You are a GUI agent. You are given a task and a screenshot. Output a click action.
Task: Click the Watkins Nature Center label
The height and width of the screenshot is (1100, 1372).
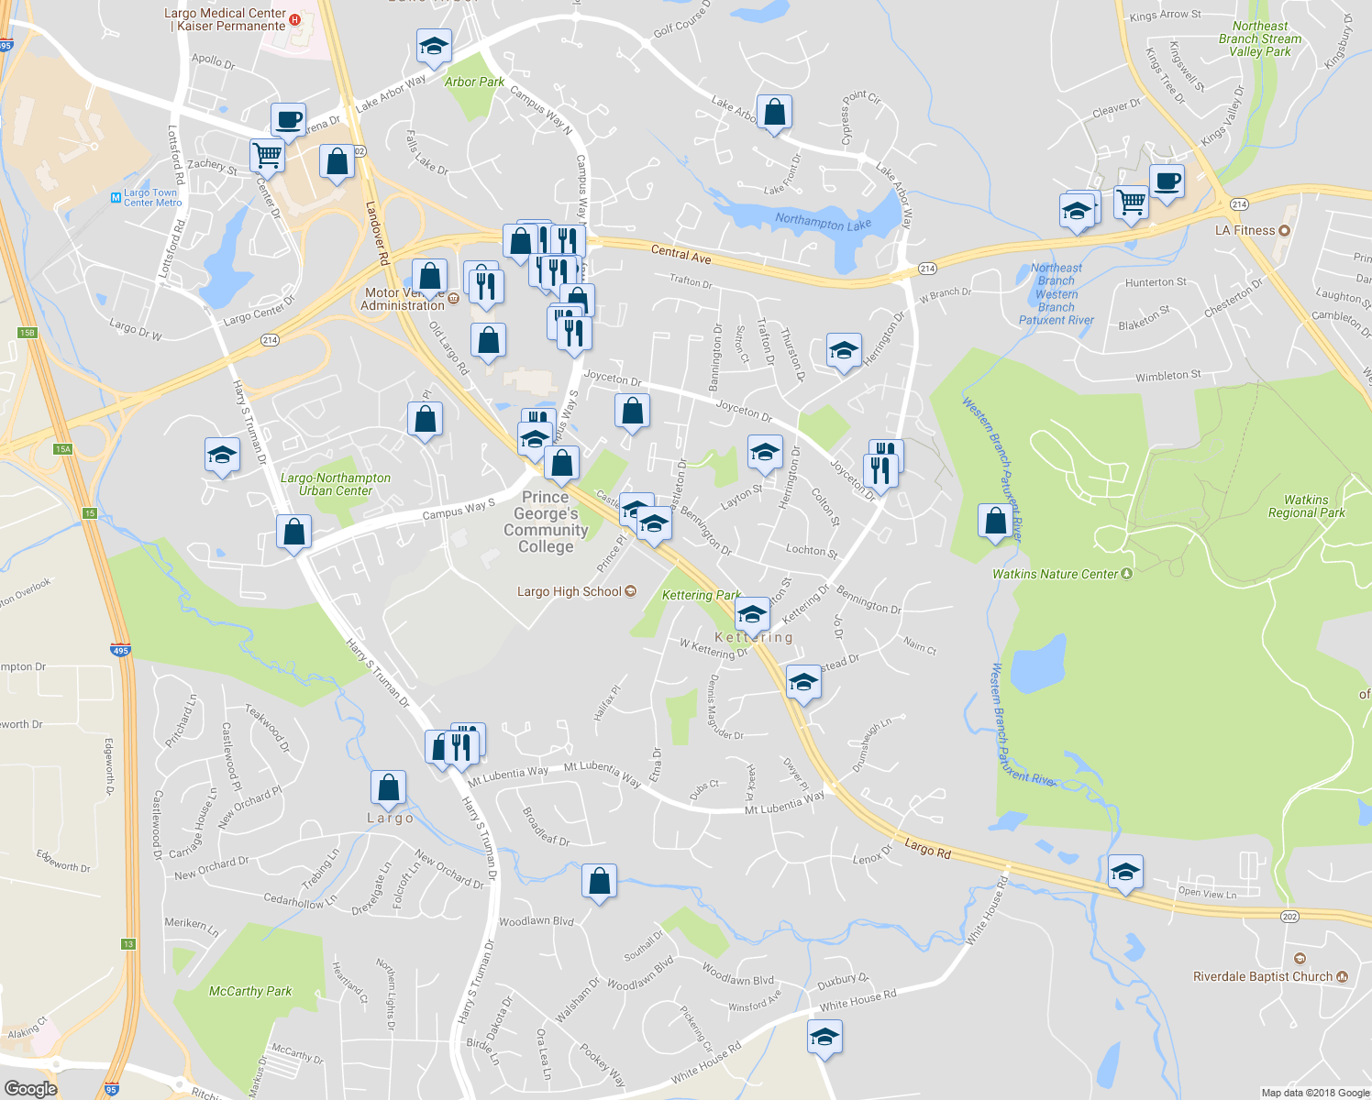[x=1056, y=574]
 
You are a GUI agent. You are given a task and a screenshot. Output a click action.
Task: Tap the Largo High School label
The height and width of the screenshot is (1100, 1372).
[x=570, y=591]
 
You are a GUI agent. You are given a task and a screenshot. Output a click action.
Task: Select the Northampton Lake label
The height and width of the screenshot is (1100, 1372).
[x=823, y=221]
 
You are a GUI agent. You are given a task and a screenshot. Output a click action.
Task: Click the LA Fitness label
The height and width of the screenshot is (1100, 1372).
[x=1245, y=230]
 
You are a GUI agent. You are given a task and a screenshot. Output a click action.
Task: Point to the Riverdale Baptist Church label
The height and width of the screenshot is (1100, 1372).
[x=1262, y=976]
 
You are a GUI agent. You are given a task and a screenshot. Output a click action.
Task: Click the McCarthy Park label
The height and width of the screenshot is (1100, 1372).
[x=250, y=991]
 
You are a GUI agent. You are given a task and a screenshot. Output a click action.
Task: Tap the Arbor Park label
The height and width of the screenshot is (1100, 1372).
[x=474, y=82]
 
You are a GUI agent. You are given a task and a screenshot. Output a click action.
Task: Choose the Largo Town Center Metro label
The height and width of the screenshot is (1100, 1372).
[x=152, y=197]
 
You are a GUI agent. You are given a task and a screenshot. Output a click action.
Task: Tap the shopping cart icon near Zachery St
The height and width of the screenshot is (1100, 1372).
[x=267, y=156]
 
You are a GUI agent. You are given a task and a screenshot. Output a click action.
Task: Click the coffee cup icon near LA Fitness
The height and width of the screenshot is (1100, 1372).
[x=1167, y=181]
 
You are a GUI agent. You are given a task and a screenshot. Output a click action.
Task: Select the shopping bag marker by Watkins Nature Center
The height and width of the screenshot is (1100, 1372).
[x=995, y=522]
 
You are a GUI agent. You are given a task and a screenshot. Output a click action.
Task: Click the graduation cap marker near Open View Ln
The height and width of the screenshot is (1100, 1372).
[x=1125, y=872]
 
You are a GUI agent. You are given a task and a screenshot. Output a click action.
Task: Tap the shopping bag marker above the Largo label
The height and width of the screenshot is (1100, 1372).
[x=388, y=787]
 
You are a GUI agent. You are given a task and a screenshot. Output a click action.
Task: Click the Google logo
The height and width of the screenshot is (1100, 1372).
[x=31, y=1088]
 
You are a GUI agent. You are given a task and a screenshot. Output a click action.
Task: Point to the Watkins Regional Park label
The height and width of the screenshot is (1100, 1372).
[x=1306, y=506]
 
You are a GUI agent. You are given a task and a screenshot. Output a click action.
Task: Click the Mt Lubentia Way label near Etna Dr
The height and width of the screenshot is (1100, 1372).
[x=602, y=773]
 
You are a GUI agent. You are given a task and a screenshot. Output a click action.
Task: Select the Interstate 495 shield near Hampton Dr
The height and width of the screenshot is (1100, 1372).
[x=120, y=650]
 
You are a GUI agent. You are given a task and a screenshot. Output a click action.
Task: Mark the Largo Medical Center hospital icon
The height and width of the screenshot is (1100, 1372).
[x=294, y=19]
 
